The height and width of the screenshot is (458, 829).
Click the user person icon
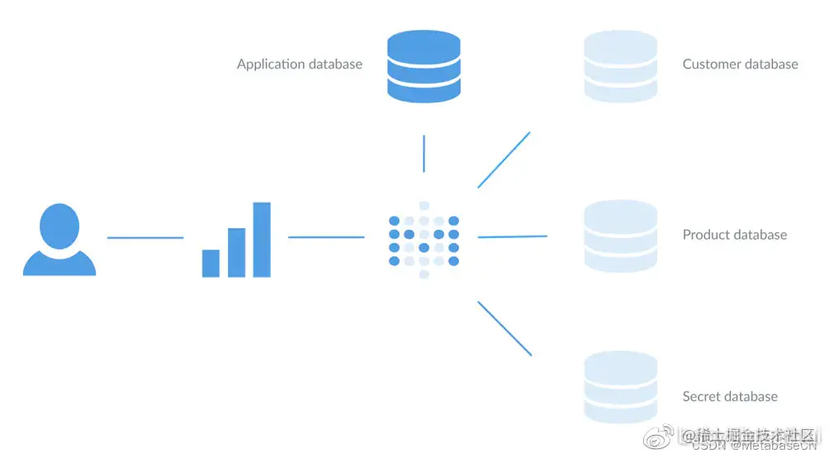click(x=59, y=240)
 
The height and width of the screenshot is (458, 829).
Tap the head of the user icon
click(x=59, y=225)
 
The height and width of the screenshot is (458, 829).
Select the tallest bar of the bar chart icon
click(x=262, y=240)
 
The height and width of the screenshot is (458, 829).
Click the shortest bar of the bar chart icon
click(x=211, y=263)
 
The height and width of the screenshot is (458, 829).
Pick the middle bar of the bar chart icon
click(x=236, y=252)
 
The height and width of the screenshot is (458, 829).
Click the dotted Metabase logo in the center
click(x=424, y=240)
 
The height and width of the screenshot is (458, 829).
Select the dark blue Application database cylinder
click(x=424, y=67)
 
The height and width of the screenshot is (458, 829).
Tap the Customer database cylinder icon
click(x=620, y=67)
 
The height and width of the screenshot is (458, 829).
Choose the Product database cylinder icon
click(x=620, y=236)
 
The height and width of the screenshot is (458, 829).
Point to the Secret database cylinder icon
click(x=620, y=387)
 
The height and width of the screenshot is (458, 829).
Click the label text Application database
click(x=299, y=64)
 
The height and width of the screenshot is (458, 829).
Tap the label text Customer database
click(x=740, y=64)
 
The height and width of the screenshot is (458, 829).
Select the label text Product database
click(x=734, y=235)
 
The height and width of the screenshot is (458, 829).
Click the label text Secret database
click(x=730, y=397)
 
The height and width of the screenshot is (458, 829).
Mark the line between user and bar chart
click(x=145, y=238)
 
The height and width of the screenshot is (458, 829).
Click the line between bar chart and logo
click(x=326, y=237)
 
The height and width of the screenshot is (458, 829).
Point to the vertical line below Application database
click(x=424, y=154)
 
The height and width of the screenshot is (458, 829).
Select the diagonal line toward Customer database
click(x=504, y=160)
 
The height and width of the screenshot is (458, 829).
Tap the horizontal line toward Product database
click(x=512, y=236)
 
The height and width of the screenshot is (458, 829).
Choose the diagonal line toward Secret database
click(x=505, y=328)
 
